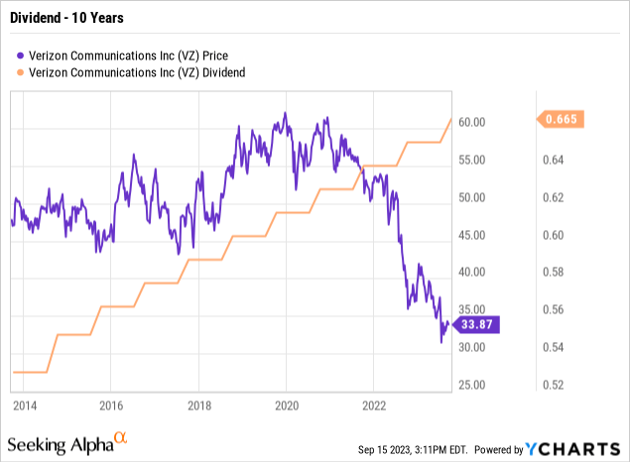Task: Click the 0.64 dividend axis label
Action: tap(557, 160)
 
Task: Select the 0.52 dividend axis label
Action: tap(557, 385)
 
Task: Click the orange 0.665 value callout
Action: tap(563, 120)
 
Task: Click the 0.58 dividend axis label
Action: tap(557, 273)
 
